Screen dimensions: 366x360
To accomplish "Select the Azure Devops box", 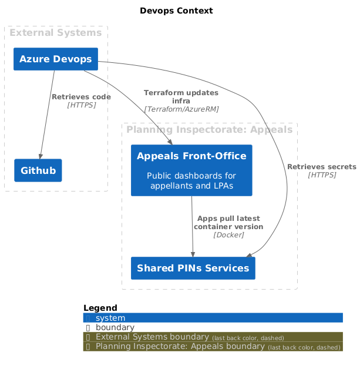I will pos(55,59).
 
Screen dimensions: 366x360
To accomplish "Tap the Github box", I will pos(38,170).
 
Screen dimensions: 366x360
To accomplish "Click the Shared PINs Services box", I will pos(193,268).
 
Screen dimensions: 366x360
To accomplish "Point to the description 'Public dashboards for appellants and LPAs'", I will pos(191,181).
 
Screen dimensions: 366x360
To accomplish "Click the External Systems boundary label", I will pos(55,33).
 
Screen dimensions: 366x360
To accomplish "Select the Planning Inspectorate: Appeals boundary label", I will pos(209,129).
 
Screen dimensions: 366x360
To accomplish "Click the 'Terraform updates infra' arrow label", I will pos(181,96).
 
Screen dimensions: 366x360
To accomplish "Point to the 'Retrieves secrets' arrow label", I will pos(321,167).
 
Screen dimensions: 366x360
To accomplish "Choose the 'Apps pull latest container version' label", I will pos(228,223).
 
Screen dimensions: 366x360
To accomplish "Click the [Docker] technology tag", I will pos(228,235).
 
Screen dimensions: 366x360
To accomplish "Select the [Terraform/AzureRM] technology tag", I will pos(181,109).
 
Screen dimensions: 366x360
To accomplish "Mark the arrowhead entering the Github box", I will pos(40,156).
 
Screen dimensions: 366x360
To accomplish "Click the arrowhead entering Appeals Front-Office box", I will pos(170,142).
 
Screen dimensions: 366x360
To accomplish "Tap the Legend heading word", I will pos(100,308).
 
